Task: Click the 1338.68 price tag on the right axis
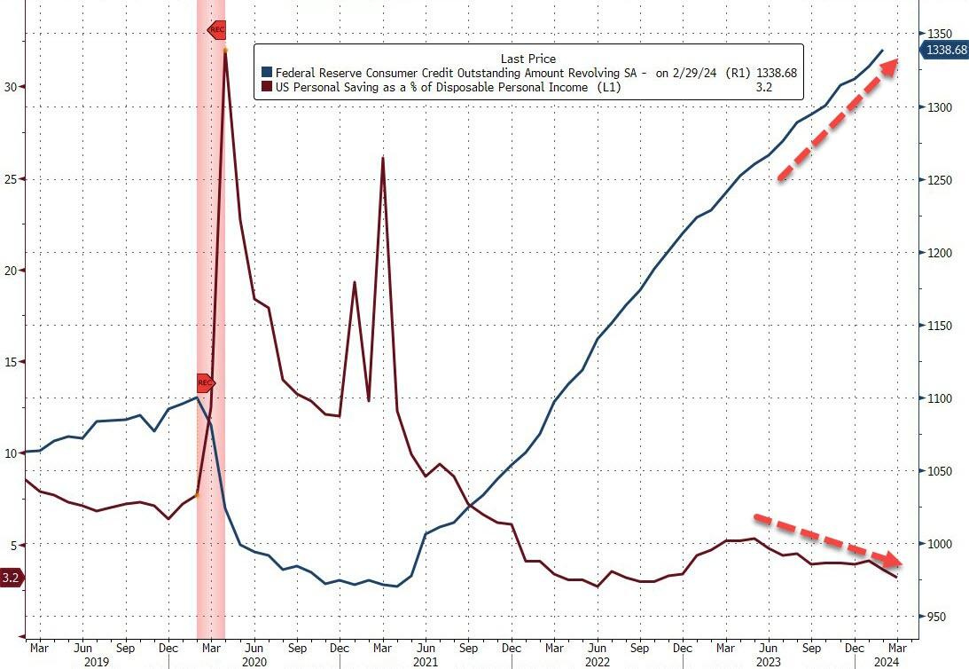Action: [946, 50]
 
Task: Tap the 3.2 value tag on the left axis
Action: [12, 578]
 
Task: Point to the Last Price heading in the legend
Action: [528, 59]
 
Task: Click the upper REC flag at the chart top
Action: [217, 29]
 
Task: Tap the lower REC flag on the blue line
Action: [205, 383]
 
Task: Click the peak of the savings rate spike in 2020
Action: [225, 50]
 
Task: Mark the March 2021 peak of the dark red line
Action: [382, 158]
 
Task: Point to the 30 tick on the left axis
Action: [11, 87]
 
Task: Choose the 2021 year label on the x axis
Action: [427, 662]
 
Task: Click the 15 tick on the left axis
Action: [11, 362]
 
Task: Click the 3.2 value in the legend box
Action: [784, 88]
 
